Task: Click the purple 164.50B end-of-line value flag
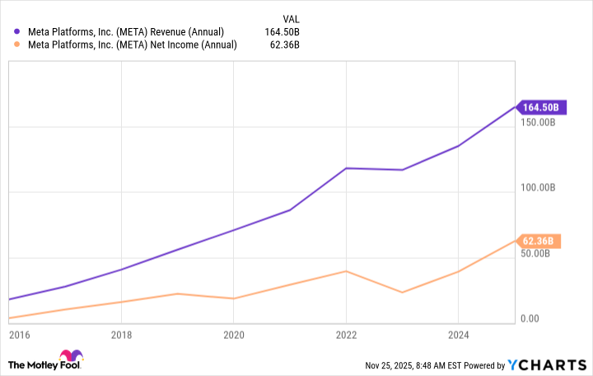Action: click(x=540, y=107)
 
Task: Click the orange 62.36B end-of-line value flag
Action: click(x=540, y=241)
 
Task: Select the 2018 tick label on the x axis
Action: click(x=121, y=336)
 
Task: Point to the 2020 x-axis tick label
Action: click(x=234, y=336)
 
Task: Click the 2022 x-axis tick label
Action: click(x=346, y=336)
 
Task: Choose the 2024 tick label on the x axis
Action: click(x=458, y=336)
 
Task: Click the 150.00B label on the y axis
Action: click(x=544, y=122)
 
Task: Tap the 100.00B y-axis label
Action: click(x=544, y=188)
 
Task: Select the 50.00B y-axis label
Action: click(x=546, y=253)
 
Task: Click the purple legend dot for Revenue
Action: click(x=16, y=31)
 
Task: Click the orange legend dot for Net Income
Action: click(x=16, y=45)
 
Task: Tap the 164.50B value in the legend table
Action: click(x=281, y=31)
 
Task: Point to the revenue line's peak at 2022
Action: click(x=346, y=168)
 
